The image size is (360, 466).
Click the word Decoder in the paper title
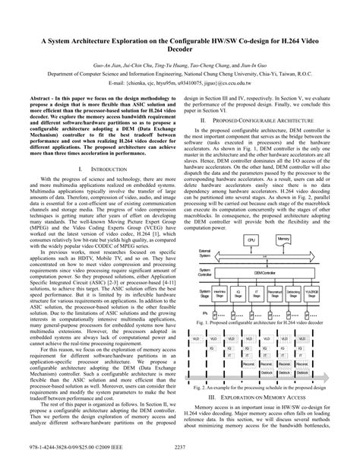[180, 55]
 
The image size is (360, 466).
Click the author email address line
[180, 84]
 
